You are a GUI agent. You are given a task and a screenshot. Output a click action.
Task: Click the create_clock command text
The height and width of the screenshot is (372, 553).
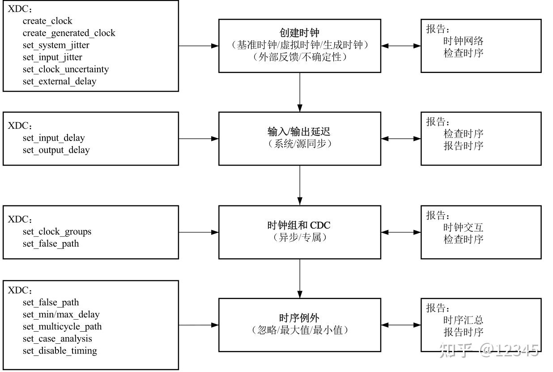[47, 21]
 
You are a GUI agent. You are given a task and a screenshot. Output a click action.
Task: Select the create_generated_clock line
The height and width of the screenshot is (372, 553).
[69, 33]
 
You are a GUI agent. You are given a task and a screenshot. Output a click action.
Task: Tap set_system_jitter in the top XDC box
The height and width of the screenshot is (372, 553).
[56, 45]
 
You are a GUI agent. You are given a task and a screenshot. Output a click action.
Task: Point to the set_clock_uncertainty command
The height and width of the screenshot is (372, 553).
[66, 69]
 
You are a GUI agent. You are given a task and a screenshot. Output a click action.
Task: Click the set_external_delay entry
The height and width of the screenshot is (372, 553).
[60, 81]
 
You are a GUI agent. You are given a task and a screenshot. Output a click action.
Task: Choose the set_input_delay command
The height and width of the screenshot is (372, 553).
[54, 138]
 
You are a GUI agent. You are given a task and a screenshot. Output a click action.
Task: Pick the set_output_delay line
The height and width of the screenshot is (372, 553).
[56, 150]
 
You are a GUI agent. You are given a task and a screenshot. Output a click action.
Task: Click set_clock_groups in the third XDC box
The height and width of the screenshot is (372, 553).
[57, 231]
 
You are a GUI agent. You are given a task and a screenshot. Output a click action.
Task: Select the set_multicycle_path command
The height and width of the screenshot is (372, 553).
[62, 326]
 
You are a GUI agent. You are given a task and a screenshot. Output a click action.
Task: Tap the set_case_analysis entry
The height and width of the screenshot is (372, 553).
[57, 338]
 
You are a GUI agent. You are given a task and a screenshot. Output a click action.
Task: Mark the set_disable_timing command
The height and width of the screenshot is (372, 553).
[60, 351]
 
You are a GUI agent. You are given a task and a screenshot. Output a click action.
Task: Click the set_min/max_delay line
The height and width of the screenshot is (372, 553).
[61, 314]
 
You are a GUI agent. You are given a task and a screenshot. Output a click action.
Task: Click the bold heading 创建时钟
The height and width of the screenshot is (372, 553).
[299, 33]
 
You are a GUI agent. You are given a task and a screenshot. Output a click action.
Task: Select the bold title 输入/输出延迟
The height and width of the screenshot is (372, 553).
[299, 132]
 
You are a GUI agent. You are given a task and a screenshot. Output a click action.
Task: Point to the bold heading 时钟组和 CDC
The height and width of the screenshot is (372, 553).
[299, 226]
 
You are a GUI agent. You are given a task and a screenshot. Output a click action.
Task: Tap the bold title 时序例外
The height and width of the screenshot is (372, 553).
[299, 318]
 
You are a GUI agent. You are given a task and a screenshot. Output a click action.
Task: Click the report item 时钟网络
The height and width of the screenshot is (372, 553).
[464, 41]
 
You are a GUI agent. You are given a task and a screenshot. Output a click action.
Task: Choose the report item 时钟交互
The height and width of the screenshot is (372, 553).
[464, 227]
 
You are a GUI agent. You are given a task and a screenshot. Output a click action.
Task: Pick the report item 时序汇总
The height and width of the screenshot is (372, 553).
[464, 320]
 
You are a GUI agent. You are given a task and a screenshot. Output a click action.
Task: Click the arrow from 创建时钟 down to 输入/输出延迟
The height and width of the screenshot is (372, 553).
[300, 92]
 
